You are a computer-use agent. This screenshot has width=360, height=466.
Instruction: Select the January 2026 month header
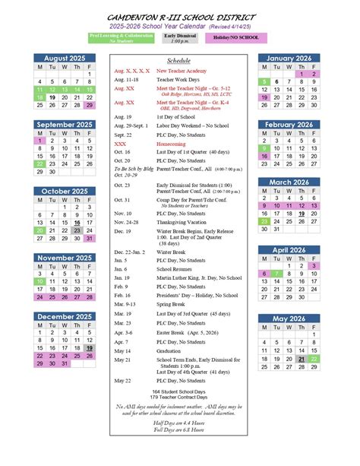coord(290,59)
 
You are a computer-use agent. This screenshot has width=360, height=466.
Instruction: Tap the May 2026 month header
coord(290,318)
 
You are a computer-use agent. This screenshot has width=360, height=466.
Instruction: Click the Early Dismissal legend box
coord(181,36)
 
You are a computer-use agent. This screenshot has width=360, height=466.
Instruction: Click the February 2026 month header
coord(290,124)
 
